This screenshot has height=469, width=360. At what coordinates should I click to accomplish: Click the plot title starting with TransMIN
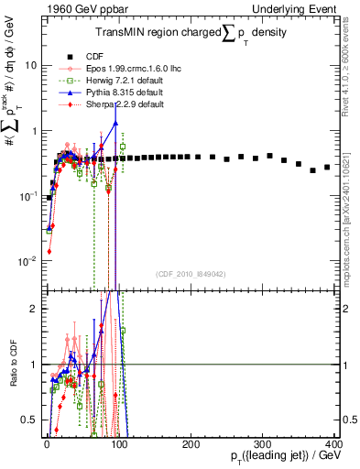190,27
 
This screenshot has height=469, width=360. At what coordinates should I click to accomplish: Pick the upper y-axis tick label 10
33,66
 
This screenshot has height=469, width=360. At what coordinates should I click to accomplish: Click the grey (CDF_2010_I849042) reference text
191,274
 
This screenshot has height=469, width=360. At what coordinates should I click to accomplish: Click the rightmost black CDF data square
326,167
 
